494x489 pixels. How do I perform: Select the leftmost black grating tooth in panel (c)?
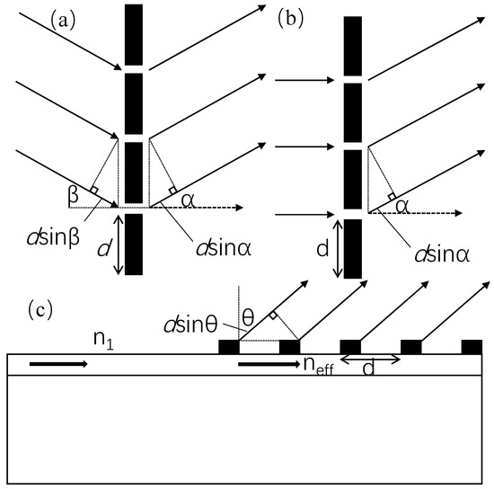[230, 347]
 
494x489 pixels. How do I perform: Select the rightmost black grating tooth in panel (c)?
[472, 347]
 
